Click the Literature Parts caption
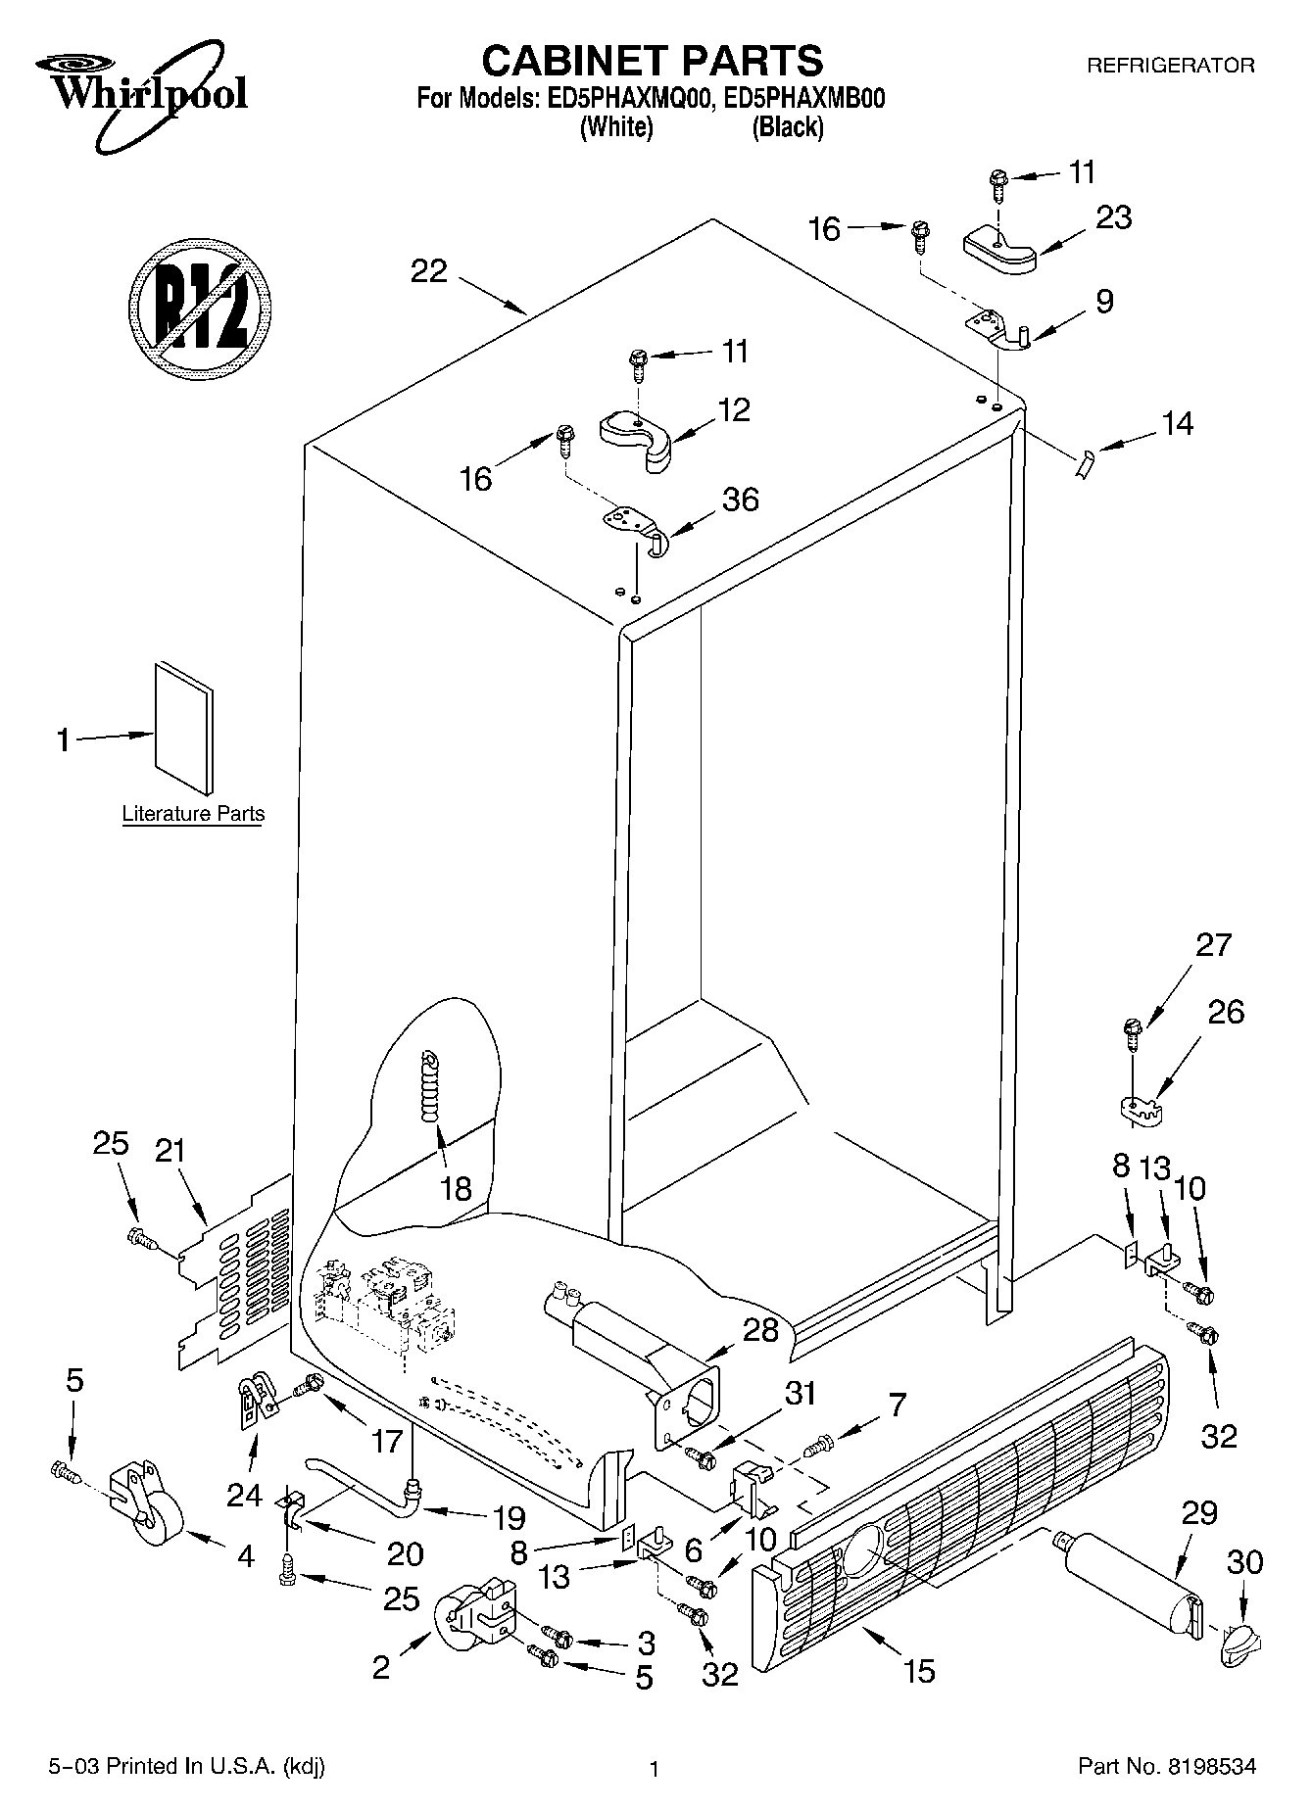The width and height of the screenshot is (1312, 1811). click(x=193, y=814)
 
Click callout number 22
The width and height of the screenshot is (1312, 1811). click(x=428, y=271)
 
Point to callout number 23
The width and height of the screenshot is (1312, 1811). click(x=1113, y=217)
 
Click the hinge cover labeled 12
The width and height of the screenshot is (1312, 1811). click(x=636, y=438)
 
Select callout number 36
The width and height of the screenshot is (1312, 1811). click(x=740, y=500)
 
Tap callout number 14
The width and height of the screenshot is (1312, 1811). click(x=1177, y=423)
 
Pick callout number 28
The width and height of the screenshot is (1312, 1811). click(x=760, y=1329)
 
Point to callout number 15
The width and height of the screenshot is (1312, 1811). click(x=919, y=1670)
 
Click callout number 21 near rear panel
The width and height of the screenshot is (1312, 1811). click(x=170, y=1151)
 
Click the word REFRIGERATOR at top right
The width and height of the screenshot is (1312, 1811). click(x=1170, y=67)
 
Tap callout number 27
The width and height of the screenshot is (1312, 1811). click(x=1213, y=945)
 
